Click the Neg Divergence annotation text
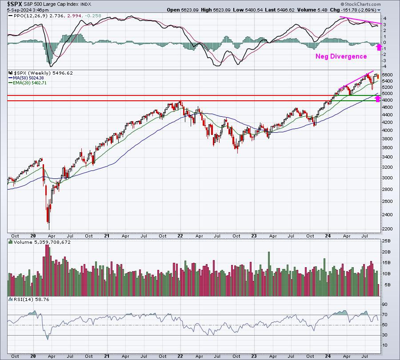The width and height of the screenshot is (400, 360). click(341, 56)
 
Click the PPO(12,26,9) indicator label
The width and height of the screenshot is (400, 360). click(27, 16)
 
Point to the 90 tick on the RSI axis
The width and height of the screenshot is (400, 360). click(386, 305)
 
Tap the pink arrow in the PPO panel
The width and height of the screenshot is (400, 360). click(379, 47)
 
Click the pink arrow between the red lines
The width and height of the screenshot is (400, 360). click(378, 98)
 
